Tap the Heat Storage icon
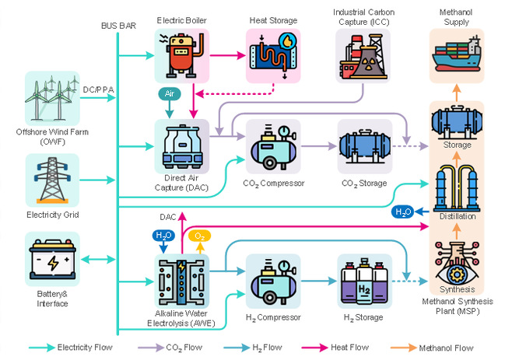(272, 56)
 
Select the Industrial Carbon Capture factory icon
(362, 57)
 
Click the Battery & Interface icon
(52, 262)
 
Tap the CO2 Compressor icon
(272, 145)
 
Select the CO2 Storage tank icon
(363, 145)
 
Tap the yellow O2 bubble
(199, 236)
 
